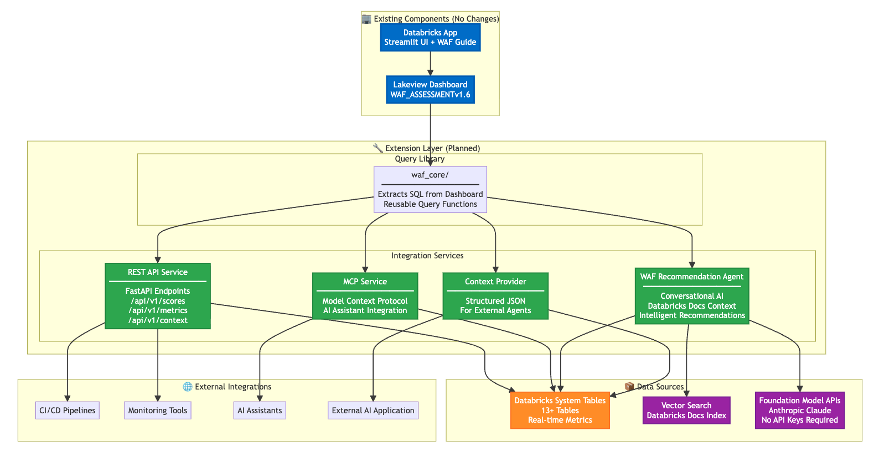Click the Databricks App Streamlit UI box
coord(430,38)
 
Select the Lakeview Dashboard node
coord(430,90)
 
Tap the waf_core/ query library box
coord(430,190)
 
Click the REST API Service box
coord(158,296)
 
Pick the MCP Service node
coord(365,296)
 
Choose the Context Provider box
coord(495,296)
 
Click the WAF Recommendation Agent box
coord(692,296)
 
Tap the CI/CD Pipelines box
coord(68,411)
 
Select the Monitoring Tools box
coord(158,411)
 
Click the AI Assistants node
coord(260,411)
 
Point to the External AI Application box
coord(373,411)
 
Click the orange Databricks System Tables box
coord(560,411)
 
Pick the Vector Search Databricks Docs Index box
coord(686,411)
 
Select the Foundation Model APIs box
coord(800,411)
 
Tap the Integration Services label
coord(427,256)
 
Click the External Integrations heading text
coord(232,387)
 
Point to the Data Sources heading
coord(660,387)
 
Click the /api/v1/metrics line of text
coord(158,310)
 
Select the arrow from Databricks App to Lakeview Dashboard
coord(430,63)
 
